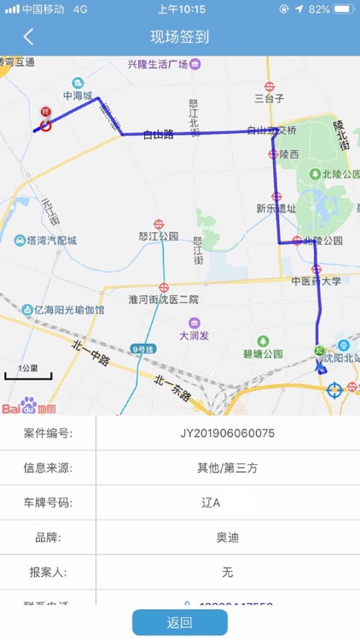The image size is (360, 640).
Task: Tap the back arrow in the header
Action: [x=28, y=37]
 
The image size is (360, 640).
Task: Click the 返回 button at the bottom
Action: [x=179, y=622]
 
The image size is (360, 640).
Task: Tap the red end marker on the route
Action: [x=45, y=122]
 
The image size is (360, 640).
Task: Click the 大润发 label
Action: [x=195, y=335]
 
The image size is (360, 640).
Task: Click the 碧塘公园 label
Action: [x=262, y=353]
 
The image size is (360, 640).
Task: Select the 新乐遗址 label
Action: [x=276, y=208]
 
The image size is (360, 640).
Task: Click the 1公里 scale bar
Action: [x=29, y=372]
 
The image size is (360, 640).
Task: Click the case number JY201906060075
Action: [x=227, y=433]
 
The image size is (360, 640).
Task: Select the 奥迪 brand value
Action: [x=227, y=537]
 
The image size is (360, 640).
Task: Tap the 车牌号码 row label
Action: [x=48, y=503]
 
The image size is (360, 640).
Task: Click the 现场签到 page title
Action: [x=179, y=37]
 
